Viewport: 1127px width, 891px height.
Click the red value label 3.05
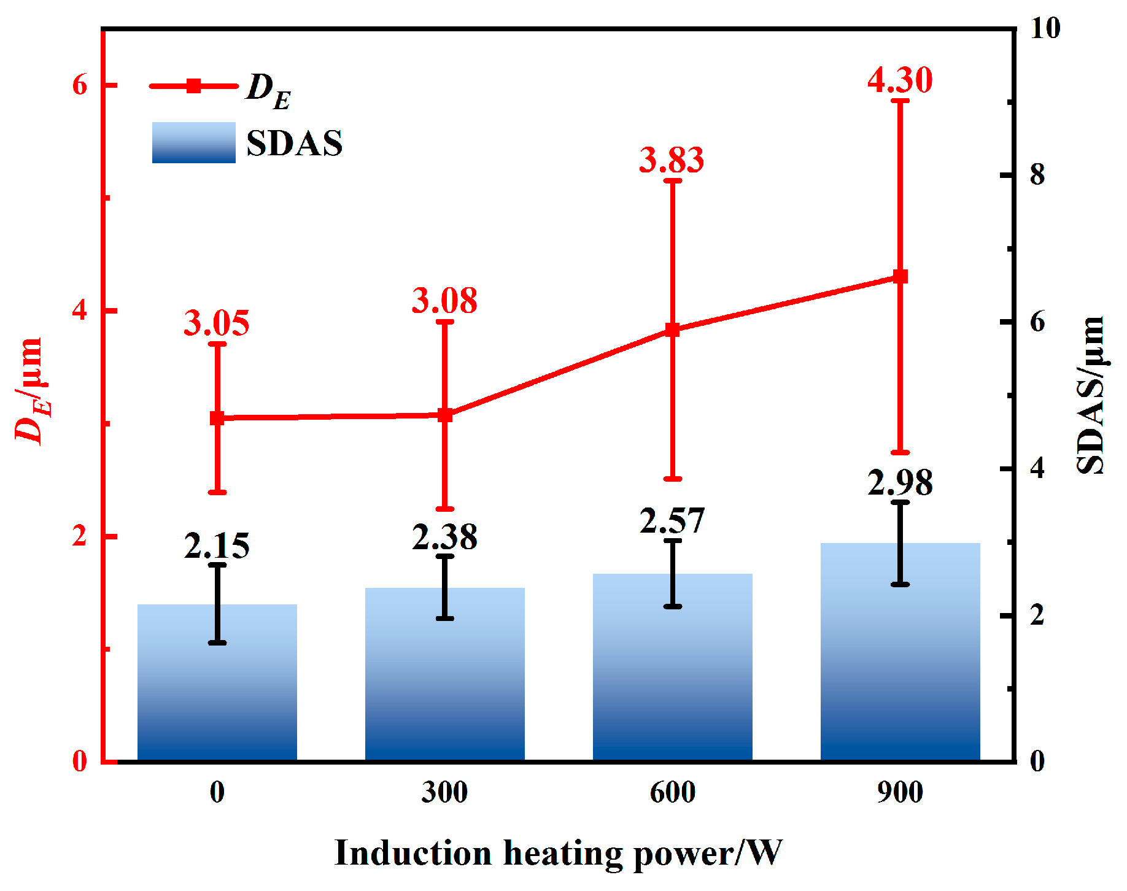[x=217, y=323]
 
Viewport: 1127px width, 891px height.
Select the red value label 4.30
[x=900, y=80]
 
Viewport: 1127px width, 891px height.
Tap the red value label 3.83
[x=672, y=160]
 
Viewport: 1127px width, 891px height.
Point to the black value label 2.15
[x=217, y=546]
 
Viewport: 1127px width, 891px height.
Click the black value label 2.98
[x=900, y=482]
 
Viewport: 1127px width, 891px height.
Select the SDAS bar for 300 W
[x=445, y=675]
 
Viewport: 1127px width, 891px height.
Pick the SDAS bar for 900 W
[x=900, y=654]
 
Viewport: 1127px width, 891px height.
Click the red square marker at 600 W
[x=673, y=330]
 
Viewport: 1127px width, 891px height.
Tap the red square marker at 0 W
[x=217, y=418]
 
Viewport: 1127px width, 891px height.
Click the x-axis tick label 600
[x=673, y=792]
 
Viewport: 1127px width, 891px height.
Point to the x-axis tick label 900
[x=900, y=792]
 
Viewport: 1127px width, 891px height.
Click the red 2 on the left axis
[x=80, y=536]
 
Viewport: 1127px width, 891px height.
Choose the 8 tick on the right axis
[x=1037, y=175]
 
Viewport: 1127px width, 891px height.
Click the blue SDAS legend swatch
[x=194, y=142]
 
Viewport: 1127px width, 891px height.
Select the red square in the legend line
[x=194, y=86]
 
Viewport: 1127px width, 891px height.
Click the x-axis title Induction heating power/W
[x=558, y=853]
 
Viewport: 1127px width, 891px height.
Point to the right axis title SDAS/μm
[x=1091, y=396]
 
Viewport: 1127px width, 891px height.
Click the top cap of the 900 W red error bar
[x=900, y=100]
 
